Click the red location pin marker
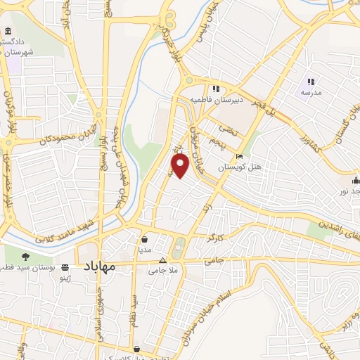(181, 165)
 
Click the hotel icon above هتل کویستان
(240, 157)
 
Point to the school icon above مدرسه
(310, 82)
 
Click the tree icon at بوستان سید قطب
(26, 257)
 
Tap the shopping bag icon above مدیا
(143, 238)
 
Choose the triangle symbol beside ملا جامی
(162, 259)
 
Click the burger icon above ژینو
(65, 268)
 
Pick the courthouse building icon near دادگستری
(8, 32)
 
